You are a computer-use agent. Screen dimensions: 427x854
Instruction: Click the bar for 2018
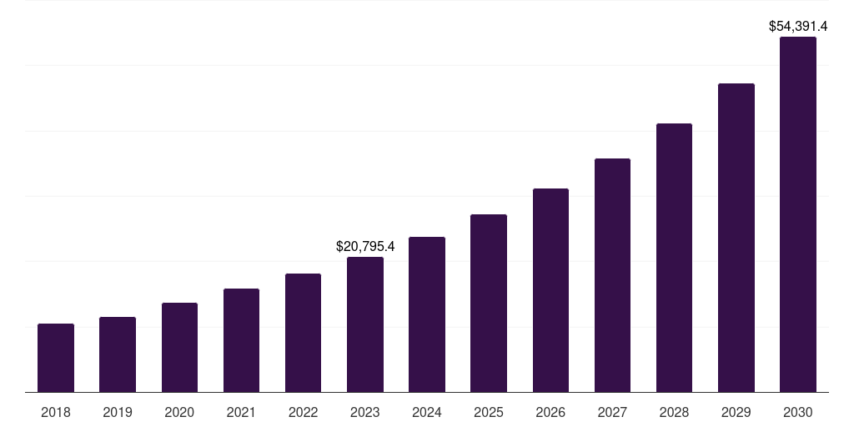(56, 358)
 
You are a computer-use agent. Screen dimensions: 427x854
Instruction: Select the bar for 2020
(179, 347)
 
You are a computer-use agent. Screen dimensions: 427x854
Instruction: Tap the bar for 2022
(303, 333)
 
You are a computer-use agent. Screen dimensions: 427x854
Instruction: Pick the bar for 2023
(365, 324)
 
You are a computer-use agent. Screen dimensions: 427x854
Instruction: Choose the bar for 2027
(612, 275)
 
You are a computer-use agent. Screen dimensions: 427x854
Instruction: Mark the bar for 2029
(736, 238)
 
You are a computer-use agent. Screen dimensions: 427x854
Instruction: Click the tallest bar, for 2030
(798, 214)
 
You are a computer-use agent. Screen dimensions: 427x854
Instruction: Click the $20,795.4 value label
(365, 247)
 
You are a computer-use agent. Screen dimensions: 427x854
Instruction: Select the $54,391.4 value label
(798, 27)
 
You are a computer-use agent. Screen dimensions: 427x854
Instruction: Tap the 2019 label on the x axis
(118, 412)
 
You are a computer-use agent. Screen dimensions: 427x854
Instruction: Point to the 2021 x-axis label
(241, 412)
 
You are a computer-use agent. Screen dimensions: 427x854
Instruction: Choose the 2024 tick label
(427, 412)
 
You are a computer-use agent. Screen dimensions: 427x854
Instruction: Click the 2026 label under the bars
(550, 412)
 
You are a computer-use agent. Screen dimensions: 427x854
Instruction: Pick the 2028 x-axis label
(674, 412)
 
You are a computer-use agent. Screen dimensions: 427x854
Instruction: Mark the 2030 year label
(798, 412)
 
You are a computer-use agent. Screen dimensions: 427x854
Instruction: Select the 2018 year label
(56, 412)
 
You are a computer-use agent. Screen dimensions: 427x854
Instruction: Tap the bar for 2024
(427, 314)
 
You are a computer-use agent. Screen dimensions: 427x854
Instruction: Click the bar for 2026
(550, 290)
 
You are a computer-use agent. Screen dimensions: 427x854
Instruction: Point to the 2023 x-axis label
(365, 412)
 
